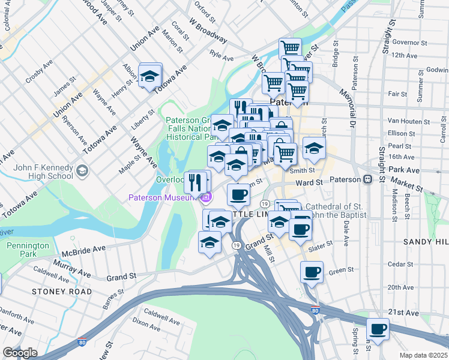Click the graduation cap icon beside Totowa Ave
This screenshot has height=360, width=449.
[149, 76]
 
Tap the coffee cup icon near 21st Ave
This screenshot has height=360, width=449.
[378, 329]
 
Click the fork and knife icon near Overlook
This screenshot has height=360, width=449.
[195, 181]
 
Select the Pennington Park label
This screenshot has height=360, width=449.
[28, 250]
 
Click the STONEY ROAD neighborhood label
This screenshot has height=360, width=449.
[62, 292]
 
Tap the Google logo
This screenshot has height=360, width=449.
[20, 353]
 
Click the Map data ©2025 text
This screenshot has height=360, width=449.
[423, 355]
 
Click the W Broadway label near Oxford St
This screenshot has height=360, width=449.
[208, 31]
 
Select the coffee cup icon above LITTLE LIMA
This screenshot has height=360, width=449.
[238, 195]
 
